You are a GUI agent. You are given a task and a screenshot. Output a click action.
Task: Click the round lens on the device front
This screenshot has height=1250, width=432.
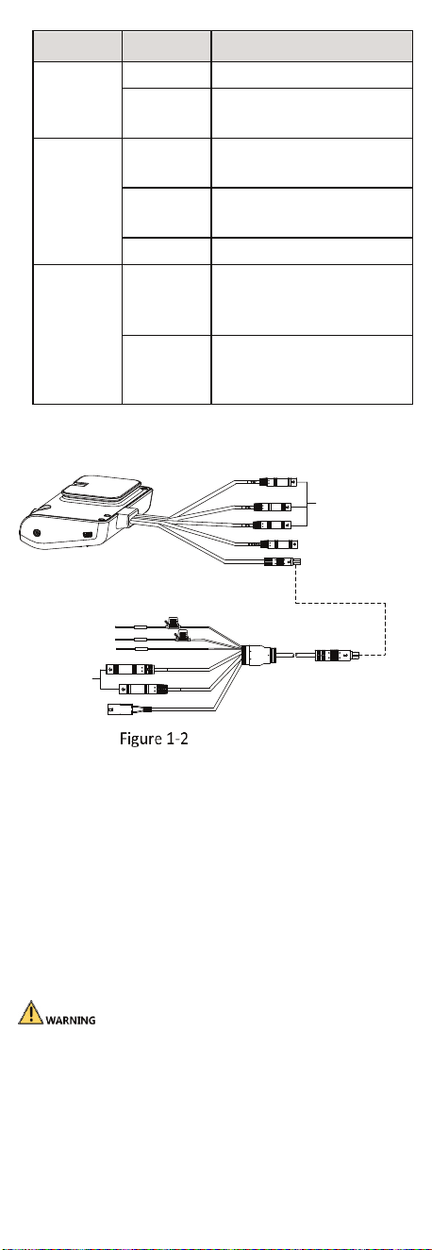point(38,533)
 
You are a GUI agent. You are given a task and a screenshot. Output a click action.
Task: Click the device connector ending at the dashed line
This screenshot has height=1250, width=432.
point(282,562)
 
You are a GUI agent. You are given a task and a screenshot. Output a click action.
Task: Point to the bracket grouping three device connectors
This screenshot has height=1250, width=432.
point(307,504)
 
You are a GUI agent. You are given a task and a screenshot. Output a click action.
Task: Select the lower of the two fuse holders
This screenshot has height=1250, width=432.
point(181,635)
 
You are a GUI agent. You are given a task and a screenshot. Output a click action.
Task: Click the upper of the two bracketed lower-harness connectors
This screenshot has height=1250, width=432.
point(130,669)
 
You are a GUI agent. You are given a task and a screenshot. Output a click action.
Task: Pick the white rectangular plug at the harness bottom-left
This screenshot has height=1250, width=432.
point(120,709)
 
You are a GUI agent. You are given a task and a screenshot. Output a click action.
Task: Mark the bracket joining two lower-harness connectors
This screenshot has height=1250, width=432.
point(99,678)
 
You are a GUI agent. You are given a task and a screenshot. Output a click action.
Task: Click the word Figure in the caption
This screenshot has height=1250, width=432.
point(141,739)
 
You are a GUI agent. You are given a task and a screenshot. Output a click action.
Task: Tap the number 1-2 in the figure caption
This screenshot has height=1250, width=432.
point(176,739)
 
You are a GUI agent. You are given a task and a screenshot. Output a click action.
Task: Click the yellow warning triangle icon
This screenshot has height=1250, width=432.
point(30,1013)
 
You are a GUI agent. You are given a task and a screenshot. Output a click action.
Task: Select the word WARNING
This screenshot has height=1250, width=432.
point(71,1020)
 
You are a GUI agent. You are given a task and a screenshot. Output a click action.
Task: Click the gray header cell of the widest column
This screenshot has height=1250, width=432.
point(311,46)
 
